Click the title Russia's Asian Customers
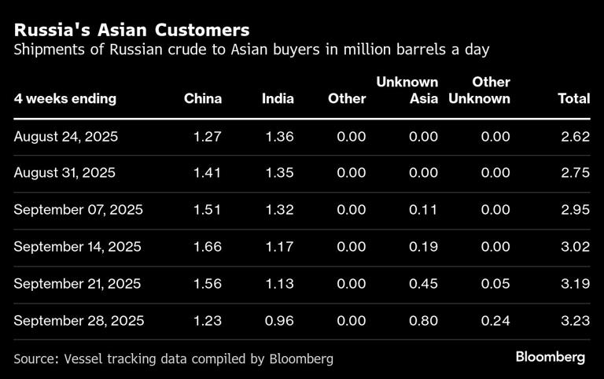click(x=131, y=30)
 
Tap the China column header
click(x=203, y=99)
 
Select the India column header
click(x=278, y=99)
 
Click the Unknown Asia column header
click(x=407, y=90)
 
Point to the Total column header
click(x=573, y=99)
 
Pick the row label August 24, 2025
click(x=66, y=137)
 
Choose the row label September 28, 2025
click(x=79, y=321)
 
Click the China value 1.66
click(x=208, y=247)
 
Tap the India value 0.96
click(x=279, y=321)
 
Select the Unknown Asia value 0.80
click(x=424, y=321)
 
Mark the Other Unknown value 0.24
click(x=495, y=321)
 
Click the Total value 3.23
click(x=575, y=321)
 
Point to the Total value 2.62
click(x=575, y=137)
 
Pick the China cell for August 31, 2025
click(x=208, y=174)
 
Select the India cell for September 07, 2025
click(x=279, y=210)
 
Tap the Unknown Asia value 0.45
click(x=424, y=284)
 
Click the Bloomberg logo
click(x=551, y=357)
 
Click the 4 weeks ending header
click(x=64, y=99)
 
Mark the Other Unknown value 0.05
click(x=495, y=284)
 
